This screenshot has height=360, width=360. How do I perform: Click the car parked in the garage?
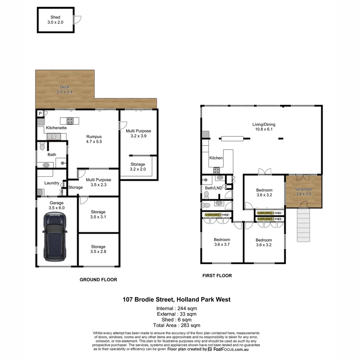[x=55, y=237]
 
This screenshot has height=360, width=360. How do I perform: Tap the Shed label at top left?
[x=55, y=20]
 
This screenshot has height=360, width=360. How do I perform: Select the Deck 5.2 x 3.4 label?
[x=65, y=89]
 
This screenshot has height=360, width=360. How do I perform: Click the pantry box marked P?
[x=40, y=114]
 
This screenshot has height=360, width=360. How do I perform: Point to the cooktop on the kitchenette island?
[x=70, y=120]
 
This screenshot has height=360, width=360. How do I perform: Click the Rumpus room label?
[x=94, y=139]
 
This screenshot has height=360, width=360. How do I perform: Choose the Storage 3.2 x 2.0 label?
[x=138, y=167]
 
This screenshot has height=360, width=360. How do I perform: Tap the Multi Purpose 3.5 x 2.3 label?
[x=98, y=182]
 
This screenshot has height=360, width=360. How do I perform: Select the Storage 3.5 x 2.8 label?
[x=98, y=249]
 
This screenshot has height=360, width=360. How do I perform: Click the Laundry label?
[x=52, y=183]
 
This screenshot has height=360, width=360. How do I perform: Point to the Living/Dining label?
[x=264, y=127]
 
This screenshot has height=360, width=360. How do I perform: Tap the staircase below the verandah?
[x=303, y=225]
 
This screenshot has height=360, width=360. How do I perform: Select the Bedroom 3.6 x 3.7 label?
[x=222, y=242]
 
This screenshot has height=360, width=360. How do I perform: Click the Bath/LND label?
[x=213, y=188]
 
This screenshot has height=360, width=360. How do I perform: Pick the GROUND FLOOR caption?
[x=98, y=280]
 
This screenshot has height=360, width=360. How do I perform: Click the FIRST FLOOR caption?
[x=217, y=276]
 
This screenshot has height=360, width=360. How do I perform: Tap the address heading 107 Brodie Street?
[x=176, y=299]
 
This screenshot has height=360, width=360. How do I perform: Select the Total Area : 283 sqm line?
[x=177, y=325]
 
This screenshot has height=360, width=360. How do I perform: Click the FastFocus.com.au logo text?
[x=230, y=349]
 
